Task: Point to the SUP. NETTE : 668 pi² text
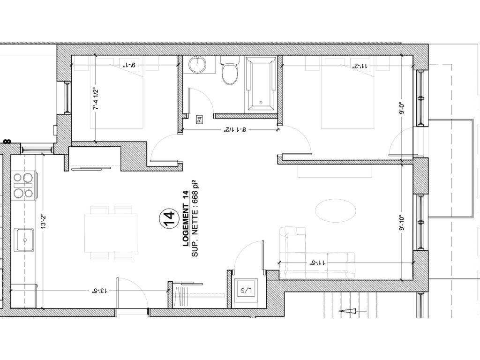pos(195,219)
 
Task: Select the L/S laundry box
pos(246,290)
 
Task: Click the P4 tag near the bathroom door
pos(200,119)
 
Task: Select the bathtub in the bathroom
pos(261,85)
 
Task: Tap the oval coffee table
pos(336,210)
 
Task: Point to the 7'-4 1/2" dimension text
pos(97,99)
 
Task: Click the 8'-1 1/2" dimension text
pos(235,129)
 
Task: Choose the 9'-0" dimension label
pos(402,108)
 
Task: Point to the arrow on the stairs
pos(352,311)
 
